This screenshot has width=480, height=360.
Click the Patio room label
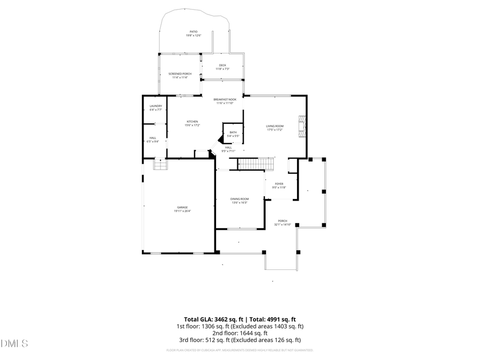(193, 34)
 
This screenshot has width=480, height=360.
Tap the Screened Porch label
(180, 75)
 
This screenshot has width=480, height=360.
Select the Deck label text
(222, 67)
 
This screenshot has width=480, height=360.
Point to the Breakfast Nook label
(225, 101)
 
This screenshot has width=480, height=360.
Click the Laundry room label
(156, 108)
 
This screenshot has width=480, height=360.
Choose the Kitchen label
(192, 123)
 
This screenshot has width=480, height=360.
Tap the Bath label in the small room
(233, 134)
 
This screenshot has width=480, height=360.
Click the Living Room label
(275, 127)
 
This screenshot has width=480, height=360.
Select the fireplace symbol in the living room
(303, 126)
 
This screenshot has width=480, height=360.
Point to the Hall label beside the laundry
(153, 140)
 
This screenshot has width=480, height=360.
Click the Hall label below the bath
(228, 149)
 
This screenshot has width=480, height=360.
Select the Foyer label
(279, 186)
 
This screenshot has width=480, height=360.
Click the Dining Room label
(239, 201)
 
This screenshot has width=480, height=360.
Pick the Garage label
(182, 209)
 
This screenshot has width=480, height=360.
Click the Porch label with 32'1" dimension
(283, 222)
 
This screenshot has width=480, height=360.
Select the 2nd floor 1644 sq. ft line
(240, 333)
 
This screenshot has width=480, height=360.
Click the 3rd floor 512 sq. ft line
(240, 340)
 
